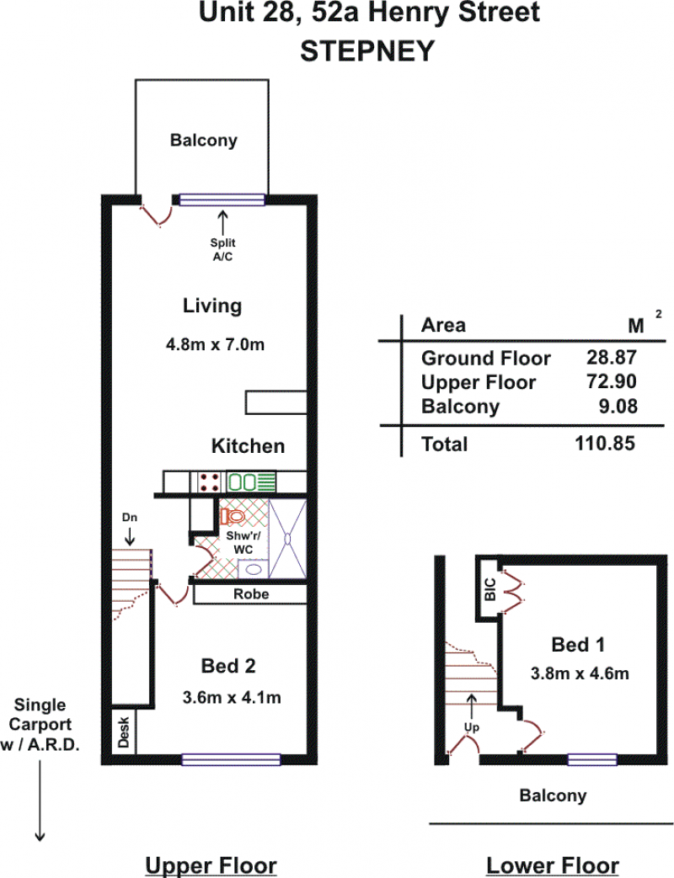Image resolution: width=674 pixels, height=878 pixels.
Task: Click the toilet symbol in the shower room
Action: click(x=233, y=516)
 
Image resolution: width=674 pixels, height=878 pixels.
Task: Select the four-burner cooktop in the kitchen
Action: click(x=208, y=482)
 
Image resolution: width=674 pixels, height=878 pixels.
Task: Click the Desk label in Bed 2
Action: click(x=124, y=732)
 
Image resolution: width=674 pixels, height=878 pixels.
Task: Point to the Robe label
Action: click(x=251, y=593)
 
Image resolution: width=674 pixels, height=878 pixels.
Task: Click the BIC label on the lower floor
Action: click(x=490, y=589)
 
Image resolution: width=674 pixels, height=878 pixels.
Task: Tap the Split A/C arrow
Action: click(x=223, y=222)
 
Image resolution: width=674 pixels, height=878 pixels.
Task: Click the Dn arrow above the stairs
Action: click(x=130, y=536)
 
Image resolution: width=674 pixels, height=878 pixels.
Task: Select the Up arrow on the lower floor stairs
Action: click(x=472, y=706)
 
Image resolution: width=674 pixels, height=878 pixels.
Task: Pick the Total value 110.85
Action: click(x=605, y=444)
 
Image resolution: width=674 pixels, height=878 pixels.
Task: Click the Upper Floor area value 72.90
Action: click(x=612, y=381)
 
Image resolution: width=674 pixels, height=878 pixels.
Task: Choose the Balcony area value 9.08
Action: click(x=618, y=406)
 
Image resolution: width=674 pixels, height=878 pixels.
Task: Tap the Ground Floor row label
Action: click(x=486, y=358)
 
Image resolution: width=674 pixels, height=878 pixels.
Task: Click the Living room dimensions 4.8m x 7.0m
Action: click(x=215, y=343)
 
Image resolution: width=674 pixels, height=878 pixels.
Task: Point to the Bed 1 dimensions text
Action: click(x=580, y=673)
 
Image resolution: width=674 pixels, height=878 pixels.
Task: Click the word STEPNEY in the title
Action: click(x=367, y=51)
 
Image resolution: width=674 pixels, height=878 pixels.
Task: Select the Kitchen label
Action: click(x=249, y=445)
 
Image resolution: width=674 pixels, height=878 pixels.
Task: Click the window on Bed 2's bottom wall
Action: click(x=231, y=759)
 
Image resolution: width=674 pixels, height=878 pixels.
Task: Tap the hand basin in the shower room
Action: click(x=254, y=569)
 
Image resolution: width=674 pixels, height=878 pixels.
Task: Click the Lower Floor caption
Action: click(x=553, y=865)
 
